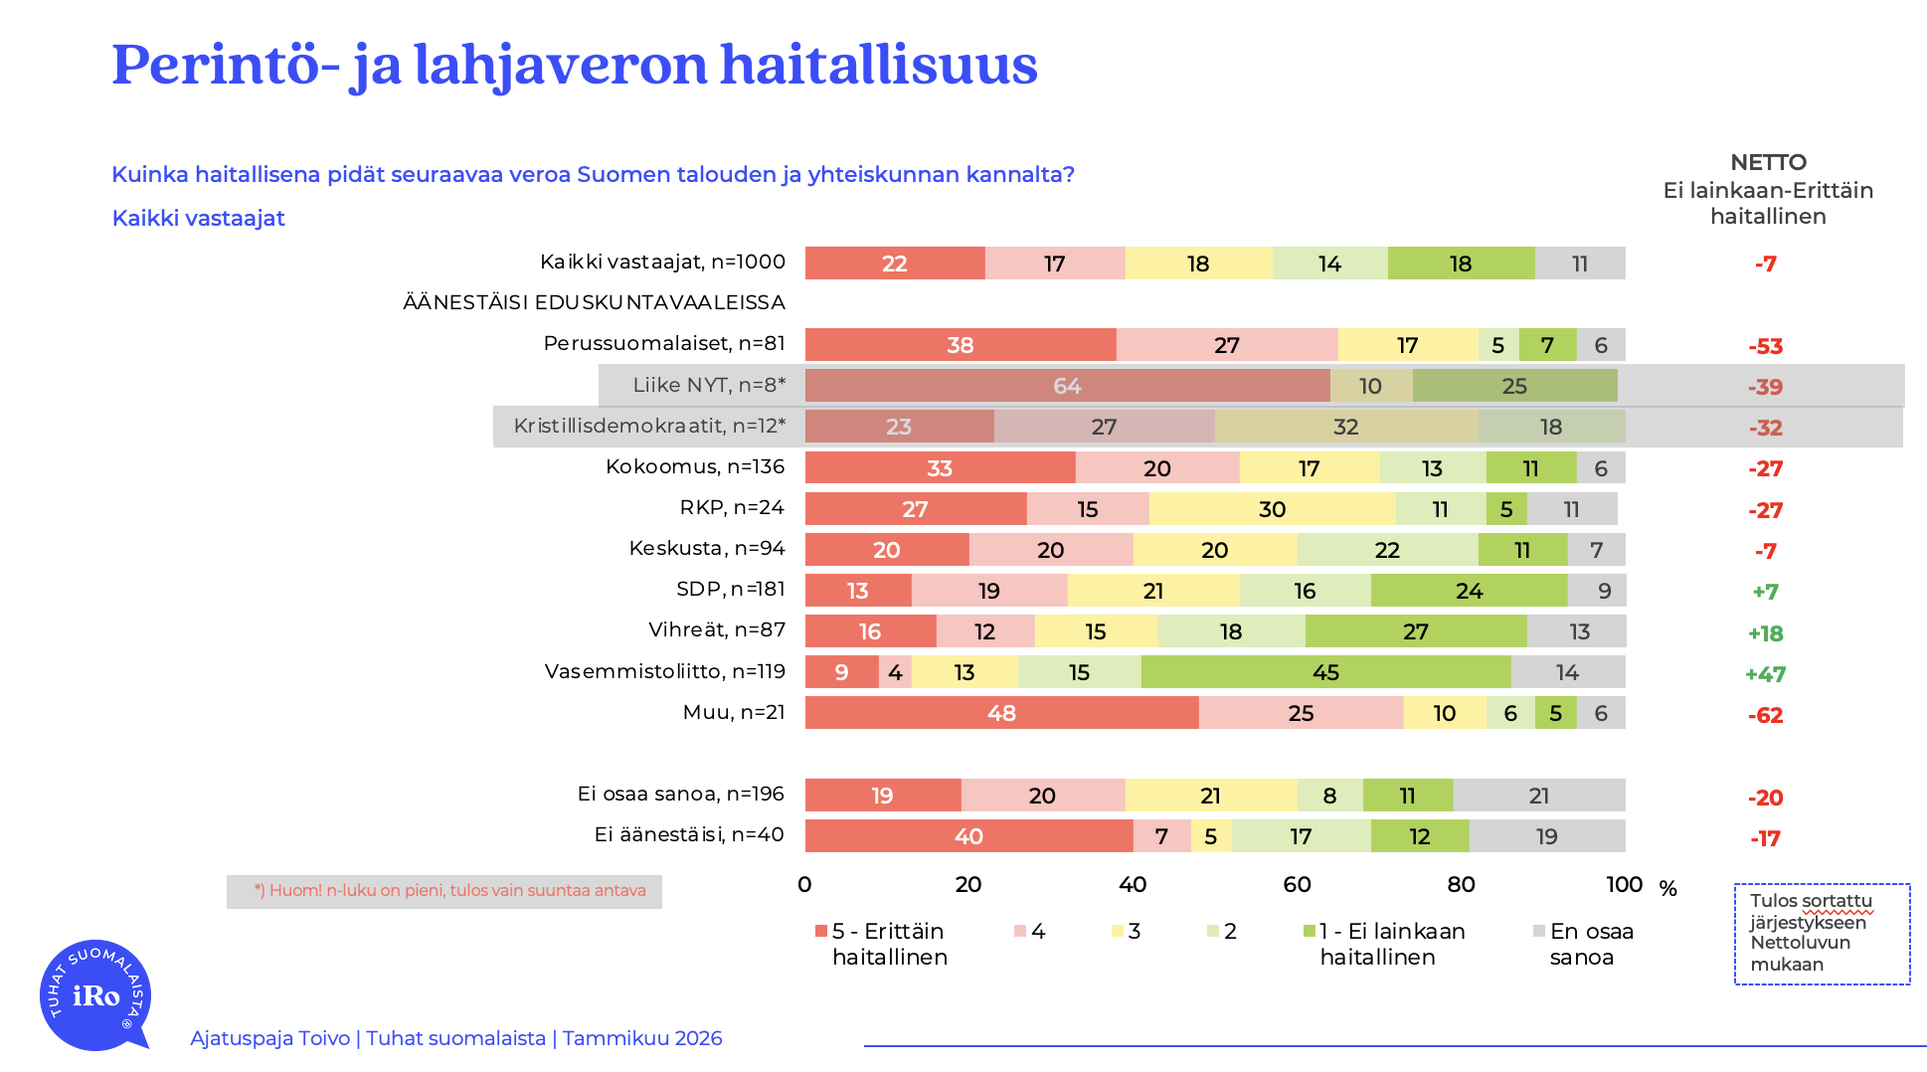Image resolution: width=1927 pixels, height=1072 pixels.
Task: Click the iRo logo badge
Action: point(95,994)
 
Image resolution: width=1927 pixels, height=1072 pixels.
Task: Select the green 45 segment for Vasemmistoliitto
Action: point(1325,672)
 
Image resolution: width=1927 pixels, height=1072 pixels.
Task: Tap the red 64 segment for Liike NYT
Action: point(1067,386)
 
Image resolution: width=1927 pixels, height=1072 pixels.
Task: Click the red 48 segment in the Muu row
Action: point(1001,713)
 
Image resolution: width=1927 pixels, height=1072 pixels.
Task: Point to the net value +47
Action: point(1765,674)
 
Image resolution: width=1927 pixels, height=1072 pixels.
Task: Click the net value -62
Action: point(1765,715)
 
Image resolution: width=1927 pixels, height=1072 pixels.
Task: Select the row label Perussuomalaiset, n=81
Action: point(664,343)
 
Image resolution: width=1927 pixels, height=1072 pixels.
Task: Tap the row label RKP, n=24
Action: point(732,507)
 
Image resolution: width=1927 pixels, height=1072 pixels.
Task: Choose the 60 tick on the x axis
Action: point(1297,884)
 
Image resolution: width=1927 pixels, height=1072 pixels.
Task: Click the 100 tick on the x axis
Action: point(1624,884)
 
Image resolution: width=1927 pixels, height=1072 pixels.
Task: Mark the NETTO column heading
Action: point(1768,163)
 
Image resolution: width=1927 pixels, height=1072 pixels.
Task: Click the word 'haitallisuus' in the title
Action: point(878,65)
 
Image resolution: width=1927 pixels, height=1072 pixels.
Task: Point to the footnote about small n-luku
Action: point(449,891)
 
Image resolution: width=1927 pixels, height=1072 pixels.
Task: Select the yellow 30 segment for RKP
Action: point(1272,509)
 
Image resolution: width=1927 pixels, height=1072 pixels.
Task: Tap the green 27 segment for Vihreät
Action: point(1415,631)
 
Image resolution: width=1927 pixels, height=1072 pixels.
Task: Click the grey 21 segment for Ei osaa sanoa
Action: point(1538,796)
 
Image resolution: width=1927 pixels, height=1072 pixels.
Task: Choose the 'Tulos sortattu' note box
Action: point(1822,933)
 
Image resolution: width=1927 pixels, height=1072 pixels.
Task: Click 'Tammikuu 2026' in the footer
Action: point(642,1038)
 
